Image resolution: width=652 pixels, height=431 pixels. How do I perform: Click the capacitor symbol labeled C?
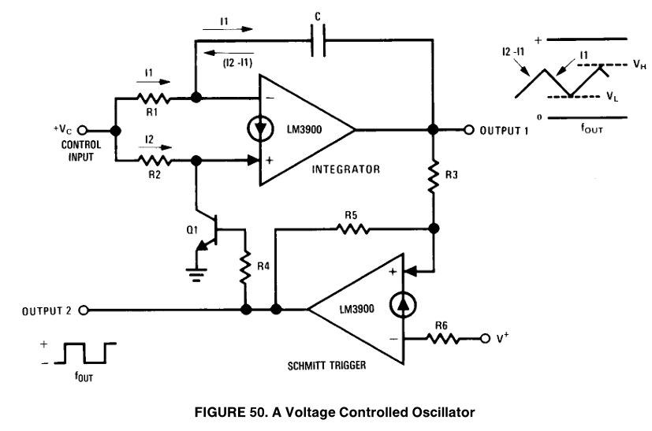pyautogui.click(x=318, y=40)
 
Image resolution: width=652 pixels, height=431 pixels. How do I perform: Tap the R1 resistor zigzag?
pyautogui.click(x=154, y=98)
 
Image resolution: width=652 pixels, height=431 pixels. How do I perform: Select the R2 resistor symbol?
pyautogui.click(x=154, y=161)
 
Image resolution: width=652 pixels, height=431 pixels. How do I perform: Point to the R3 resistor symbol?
pyautogui.click(x=434, y=176)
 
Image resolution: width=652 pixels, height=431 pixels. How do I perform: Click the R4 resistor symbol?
pyautogui.click(x=246, y=267)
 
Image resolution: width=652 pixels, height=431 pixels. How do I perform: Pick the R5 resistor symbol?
pyautogui.click(x=352, y=229)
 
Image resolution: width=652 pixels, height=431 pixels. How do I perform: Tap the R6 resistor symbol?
pyautogui.click(x=443, y=339)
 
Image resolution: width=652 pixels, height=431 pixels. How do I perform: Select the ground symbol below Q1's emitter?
pyautogui.click(x=196, y=275)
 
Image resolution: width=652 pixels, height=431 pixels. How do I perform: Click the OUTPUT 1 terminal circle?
pyautogui.click(x=468, y=130)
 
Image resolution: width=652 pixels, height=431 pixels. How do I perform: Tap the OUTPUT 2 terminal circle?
pyautogui.click(x=84, y=310)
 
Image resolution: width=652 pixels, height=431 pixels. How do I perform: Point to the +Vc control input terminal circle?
pyautogui.click(x=83, y=131)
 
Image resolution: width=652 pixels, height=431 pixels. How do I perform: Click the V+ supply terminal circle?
pyautogui.click(x=485, y=339)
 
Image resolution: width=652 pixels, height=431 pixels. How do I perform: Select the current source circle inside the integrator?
pyautogui.click(x=260, y=129)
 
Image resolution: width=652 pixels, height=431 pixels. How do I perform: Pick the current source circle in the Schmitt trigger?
pyautogui.click(x=403, y=305)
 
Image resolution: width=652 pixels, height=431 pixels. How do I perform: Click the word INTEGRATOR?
pyautogui.click(x=346, y=169)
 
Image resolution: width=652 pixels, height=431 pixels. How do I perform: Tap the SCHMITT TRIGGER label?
pyautogui.click(x=327, y=366)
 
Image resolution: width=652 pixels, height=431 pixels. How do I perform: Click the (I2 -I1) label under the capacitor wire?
pyautogui.click(x=237, y=63)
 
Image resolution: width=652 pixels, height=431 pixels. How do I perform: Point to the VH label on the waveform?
pyautogui.click(x=639, y=65)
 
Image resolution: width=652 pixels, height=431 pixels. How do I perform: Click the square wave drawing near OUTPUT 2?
pyautogui.click(x=85, y=353)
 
